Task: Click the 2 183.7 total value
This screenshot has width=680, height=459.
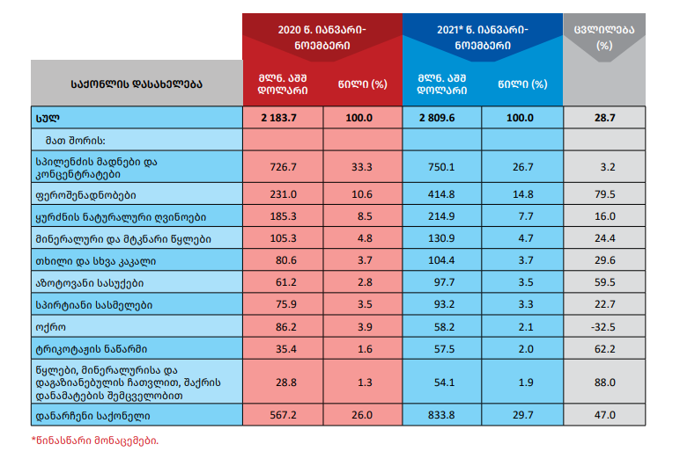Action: click(x=282, y=117)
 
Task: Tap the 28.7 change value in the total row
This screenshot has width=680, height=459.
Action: click(x=604, y=117)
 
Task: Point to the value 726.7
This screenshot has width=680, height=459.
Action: click(x=282, y=166)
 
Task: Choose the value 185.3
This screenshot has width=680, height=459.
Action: click(x=282, y=215)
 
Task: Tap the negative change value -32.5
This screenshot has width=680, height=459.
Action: click(x=604, y=325)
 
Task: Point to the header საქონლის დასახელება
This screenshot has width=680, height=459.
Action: click(x=137, y=84)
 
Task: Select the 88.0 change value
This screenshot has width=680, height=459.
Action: click(x=604, y=382)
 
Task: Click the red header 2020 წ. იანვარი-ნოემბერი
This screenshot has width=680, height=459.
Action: click(x=322, y=35)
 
